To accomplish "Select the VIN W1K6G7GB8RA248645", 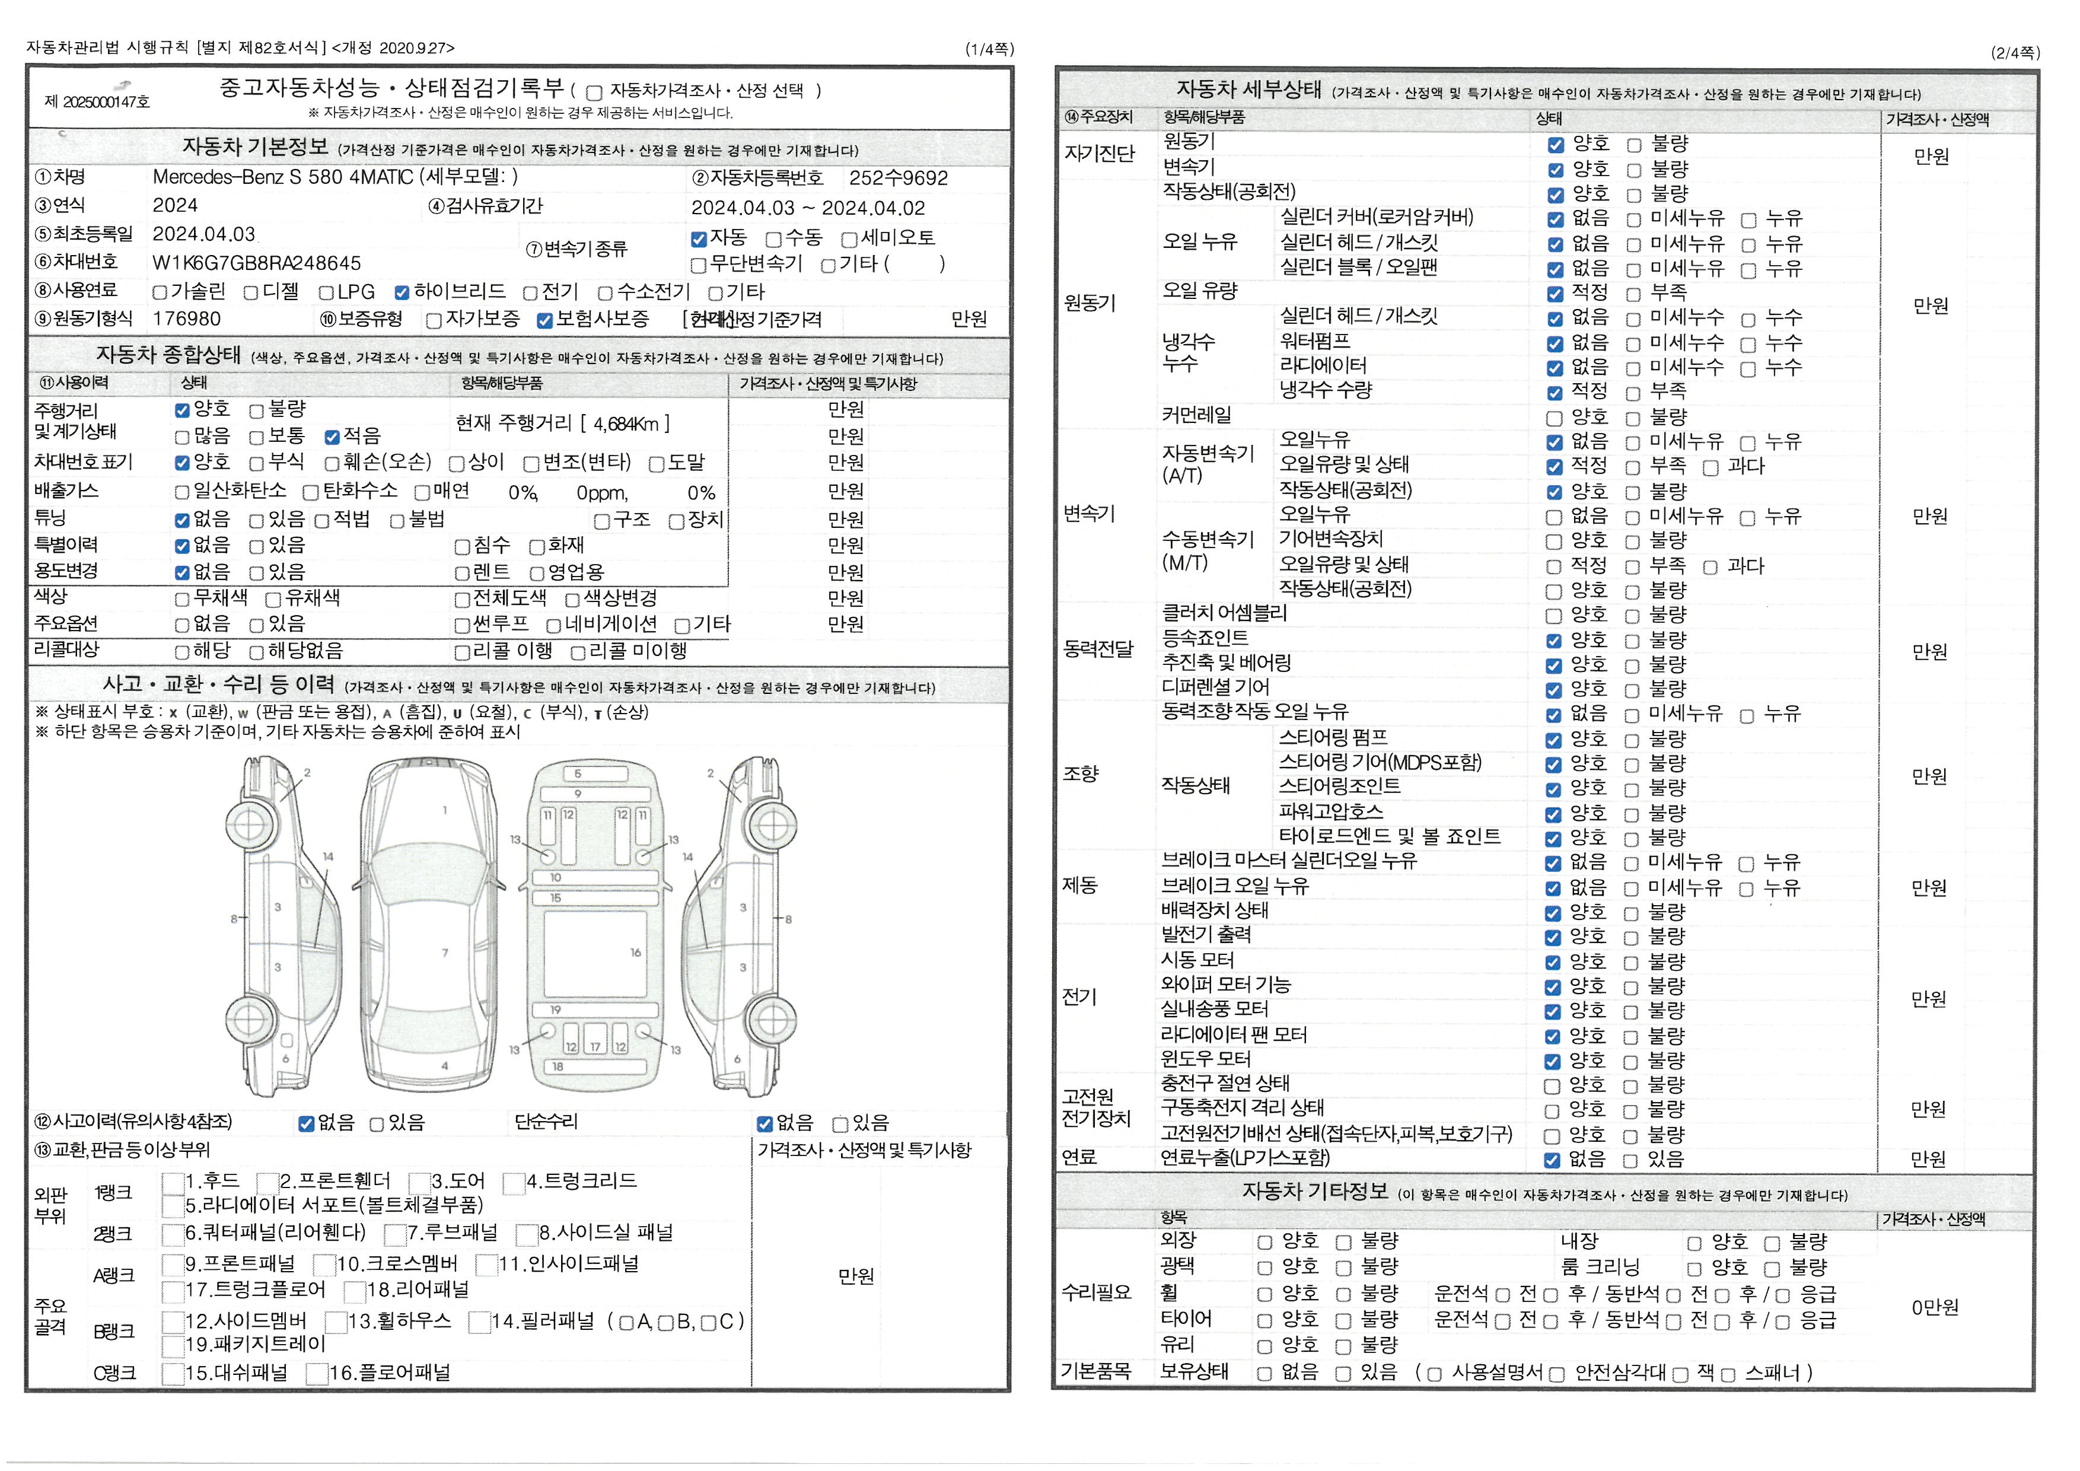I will [256, 263].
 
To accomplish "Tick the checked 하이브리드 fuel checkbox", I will [402, 292].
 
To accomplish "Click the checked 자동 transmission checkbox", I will [699, 239].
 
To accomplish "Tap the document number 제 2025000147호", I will [97, 101].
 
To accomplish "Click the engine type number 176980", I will [187, 319].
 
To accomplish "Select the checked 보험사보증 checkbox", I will [544, 321].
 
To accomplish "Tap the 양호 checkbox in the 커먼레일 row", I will [1555, 419].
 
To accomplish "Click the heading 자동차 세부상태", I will [1249, 90].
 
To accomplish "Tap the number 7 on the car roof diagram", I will [445, 953].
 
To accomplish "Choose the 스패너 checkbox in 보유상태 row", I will [1728, 1375].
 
